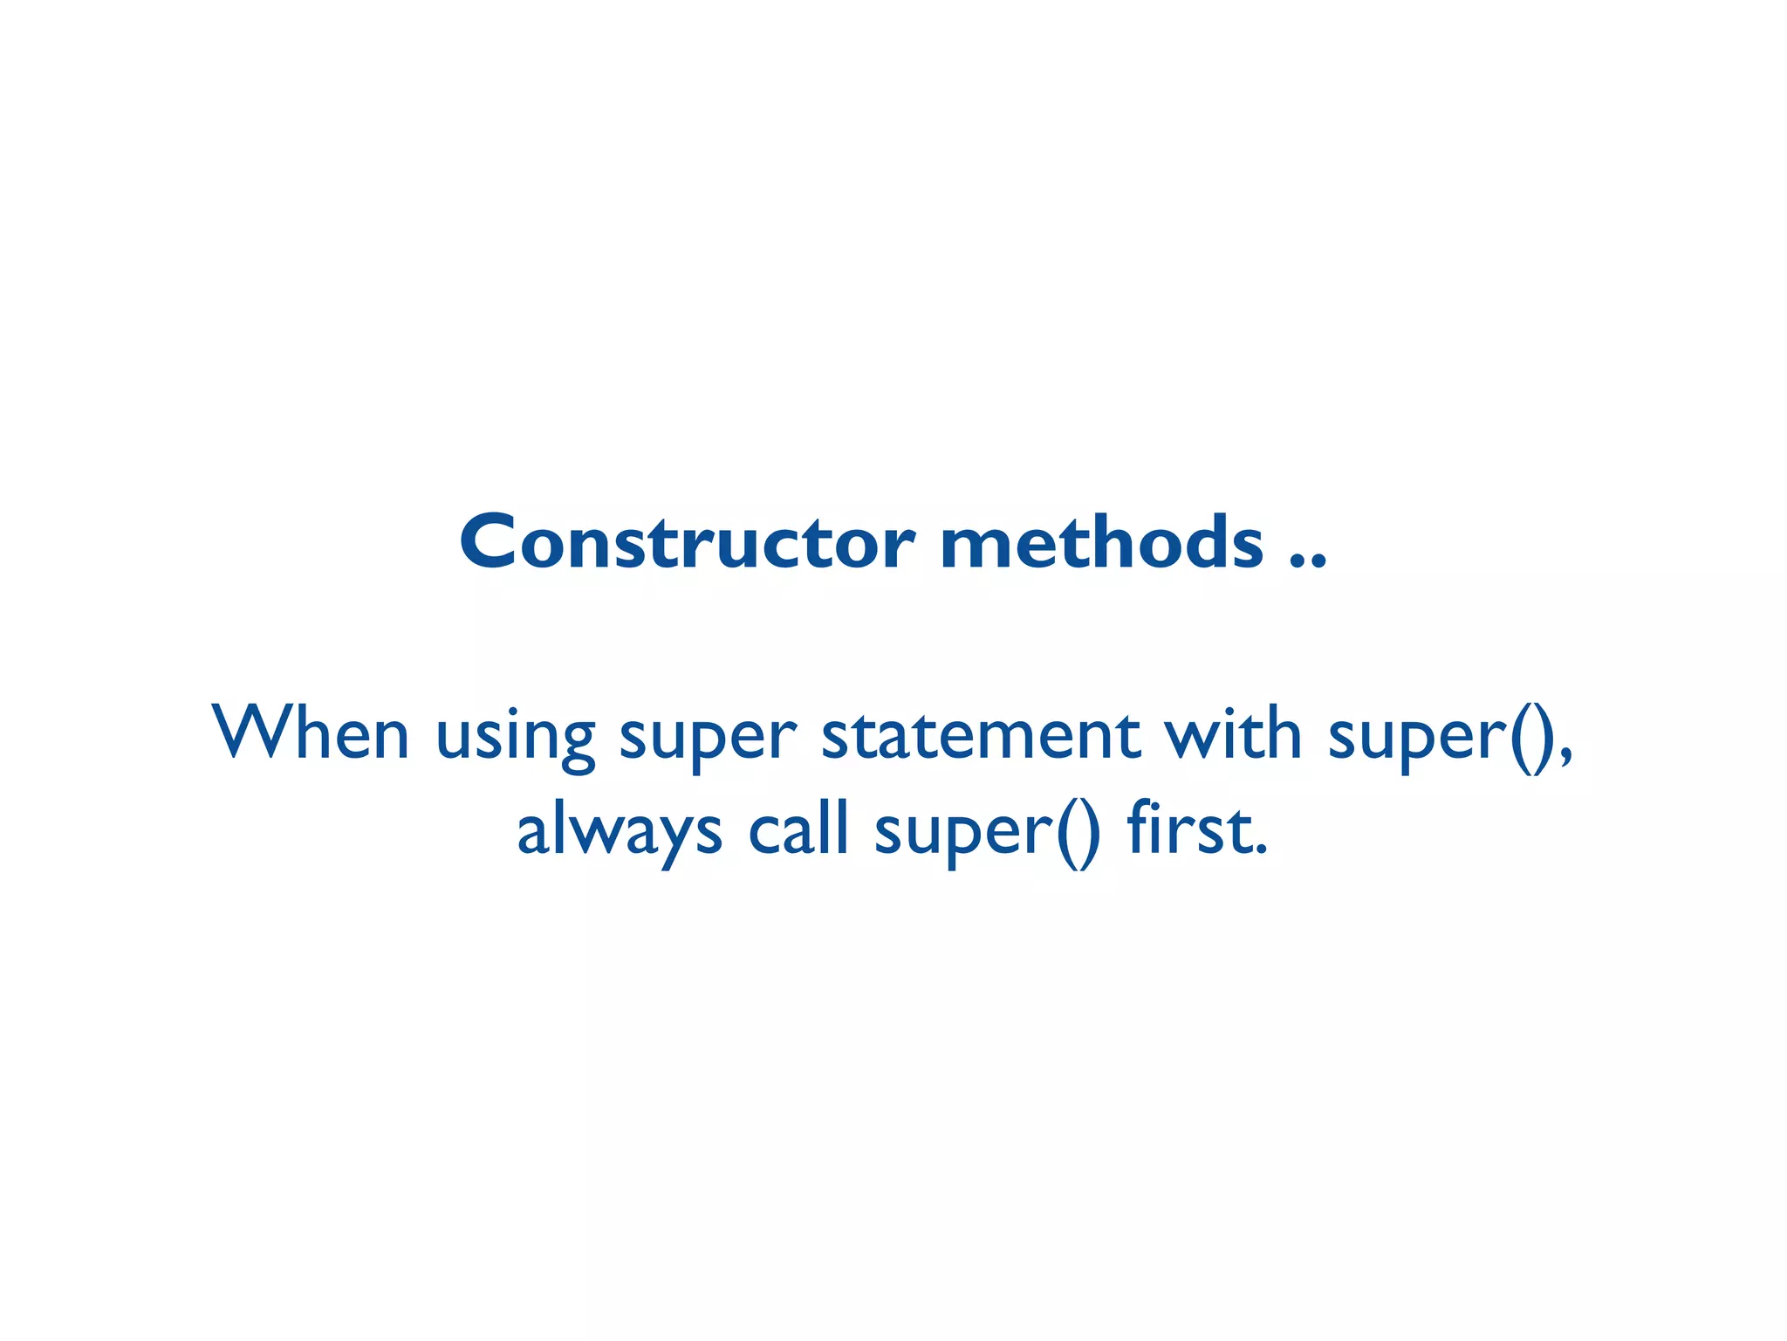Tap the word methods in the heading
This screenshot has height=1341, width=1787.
(x=1101, y=542)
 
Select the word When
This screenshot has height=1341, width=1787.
(x=311, y=734)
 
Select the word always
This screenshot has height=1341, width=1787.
(x=619, y=832)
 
